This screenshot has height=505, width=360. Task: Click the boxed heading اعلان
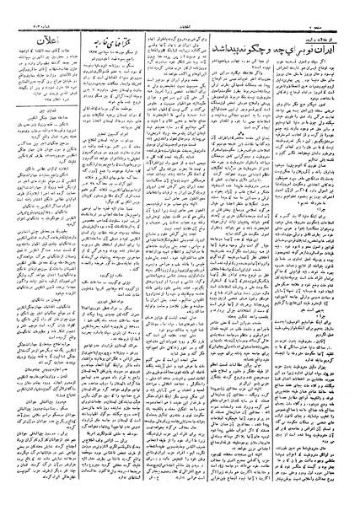pyautogui.click(x=52, y=40)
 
